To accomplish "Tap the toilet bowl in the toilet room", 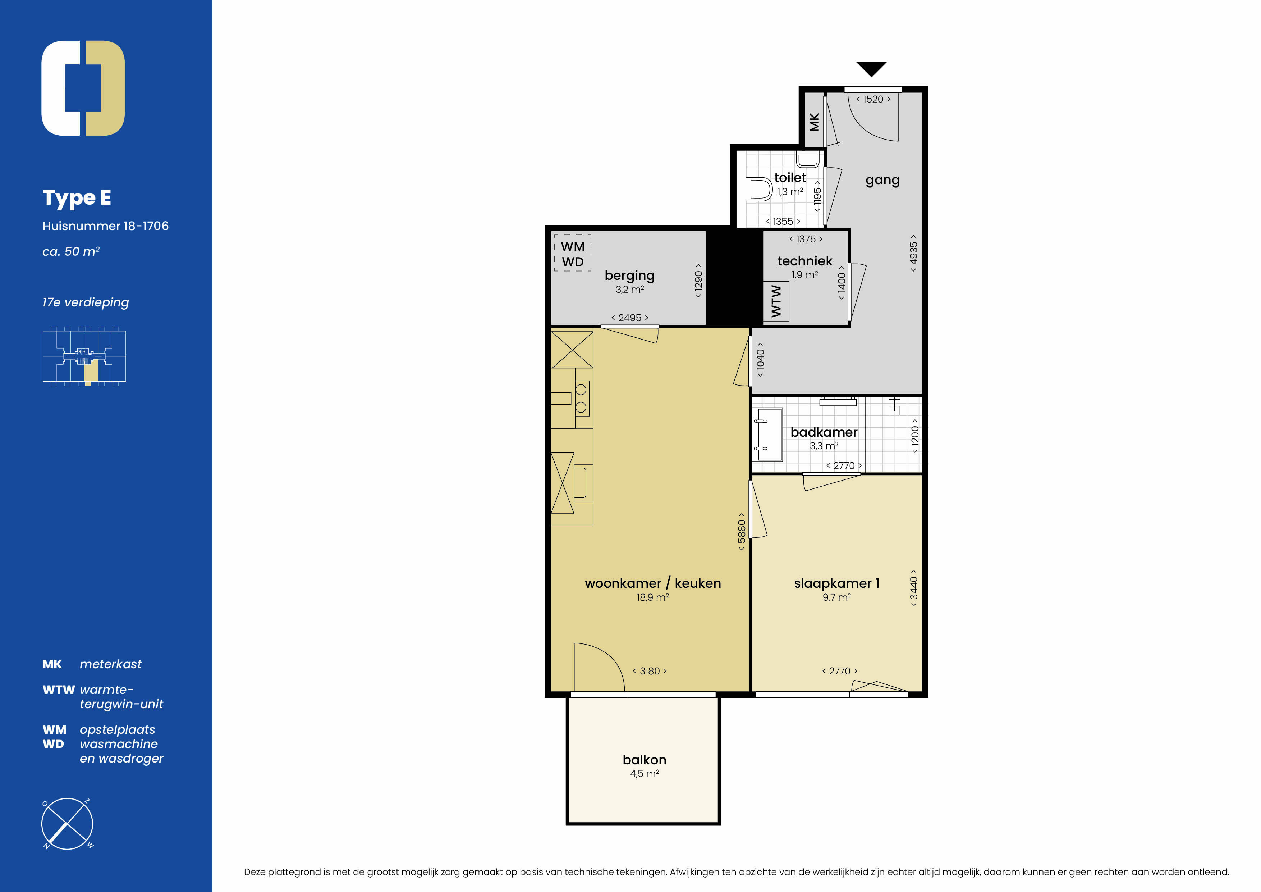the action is pos(760,190).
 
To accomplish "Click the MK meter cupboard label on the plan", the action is pos(814,122).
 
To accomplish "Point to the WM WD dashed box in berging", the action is pos(572,253).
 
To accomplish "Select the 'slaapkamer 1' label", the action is pos(836,583).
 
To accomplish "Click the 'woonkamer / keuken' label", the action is pos(652,583).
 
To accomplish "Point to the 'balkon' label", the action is pos(644,760).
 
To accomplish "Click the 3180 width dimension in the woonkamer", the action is pos(650,671).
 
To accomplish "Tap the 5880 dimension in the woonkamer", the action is pos(742,532).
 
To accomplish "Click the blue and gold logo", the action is pos(83,88).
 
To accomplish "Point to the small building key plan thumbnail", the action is pos(84,356).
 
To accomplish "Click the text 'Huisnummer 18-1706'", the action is pos(105,226).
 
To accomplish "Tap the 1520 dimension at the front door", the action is pos(873,99).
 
